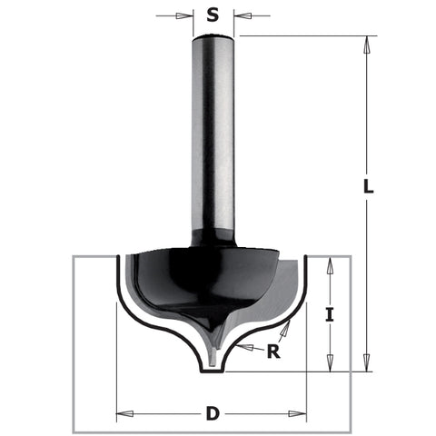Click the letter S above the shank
(x=213, y=15)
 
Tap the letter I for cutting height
(x=330, y=316)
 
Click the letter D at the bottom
(x=213, y=414)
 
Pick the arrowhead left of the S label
(x=187, y=15)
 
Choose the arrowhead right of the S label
(x=240, y=15)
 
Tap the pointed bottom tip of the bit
(x=213, y=363)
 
